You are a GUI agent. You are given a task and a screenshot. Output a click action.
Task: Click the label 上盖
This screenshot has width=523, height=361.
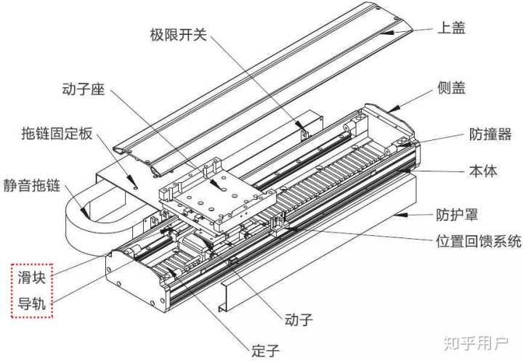pyautogui.click(x=450, y=28)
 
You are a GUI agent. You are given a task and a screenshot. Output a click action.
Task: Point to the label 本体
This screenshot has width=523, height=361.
pyautogui.click(x=480, y=172)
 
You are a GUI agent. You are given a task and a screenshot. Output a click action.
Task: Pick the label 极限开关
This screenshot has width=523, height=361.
pyautogui.click(x=178, y=34)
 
